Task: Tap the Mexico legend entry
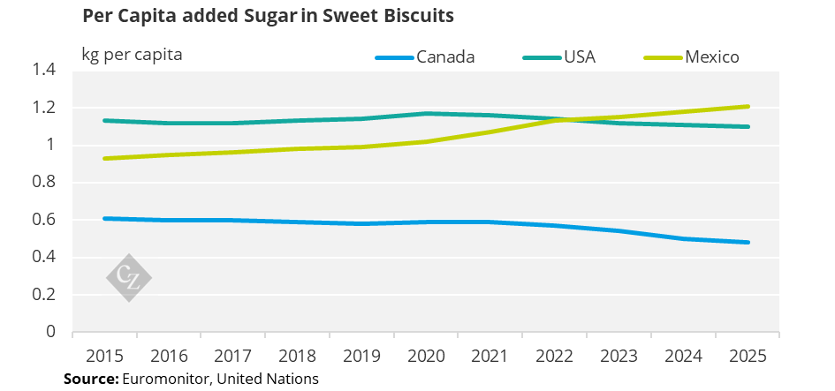pos(711,57)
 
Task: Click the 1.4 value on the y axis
pos(45,71)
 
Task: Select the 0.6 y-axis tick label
pos(45,220)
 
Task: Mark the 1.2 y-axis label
pos(45,108)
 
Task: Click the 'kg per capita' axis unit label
pos(133,55)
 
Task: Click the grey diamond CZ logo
pos(129,278)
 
